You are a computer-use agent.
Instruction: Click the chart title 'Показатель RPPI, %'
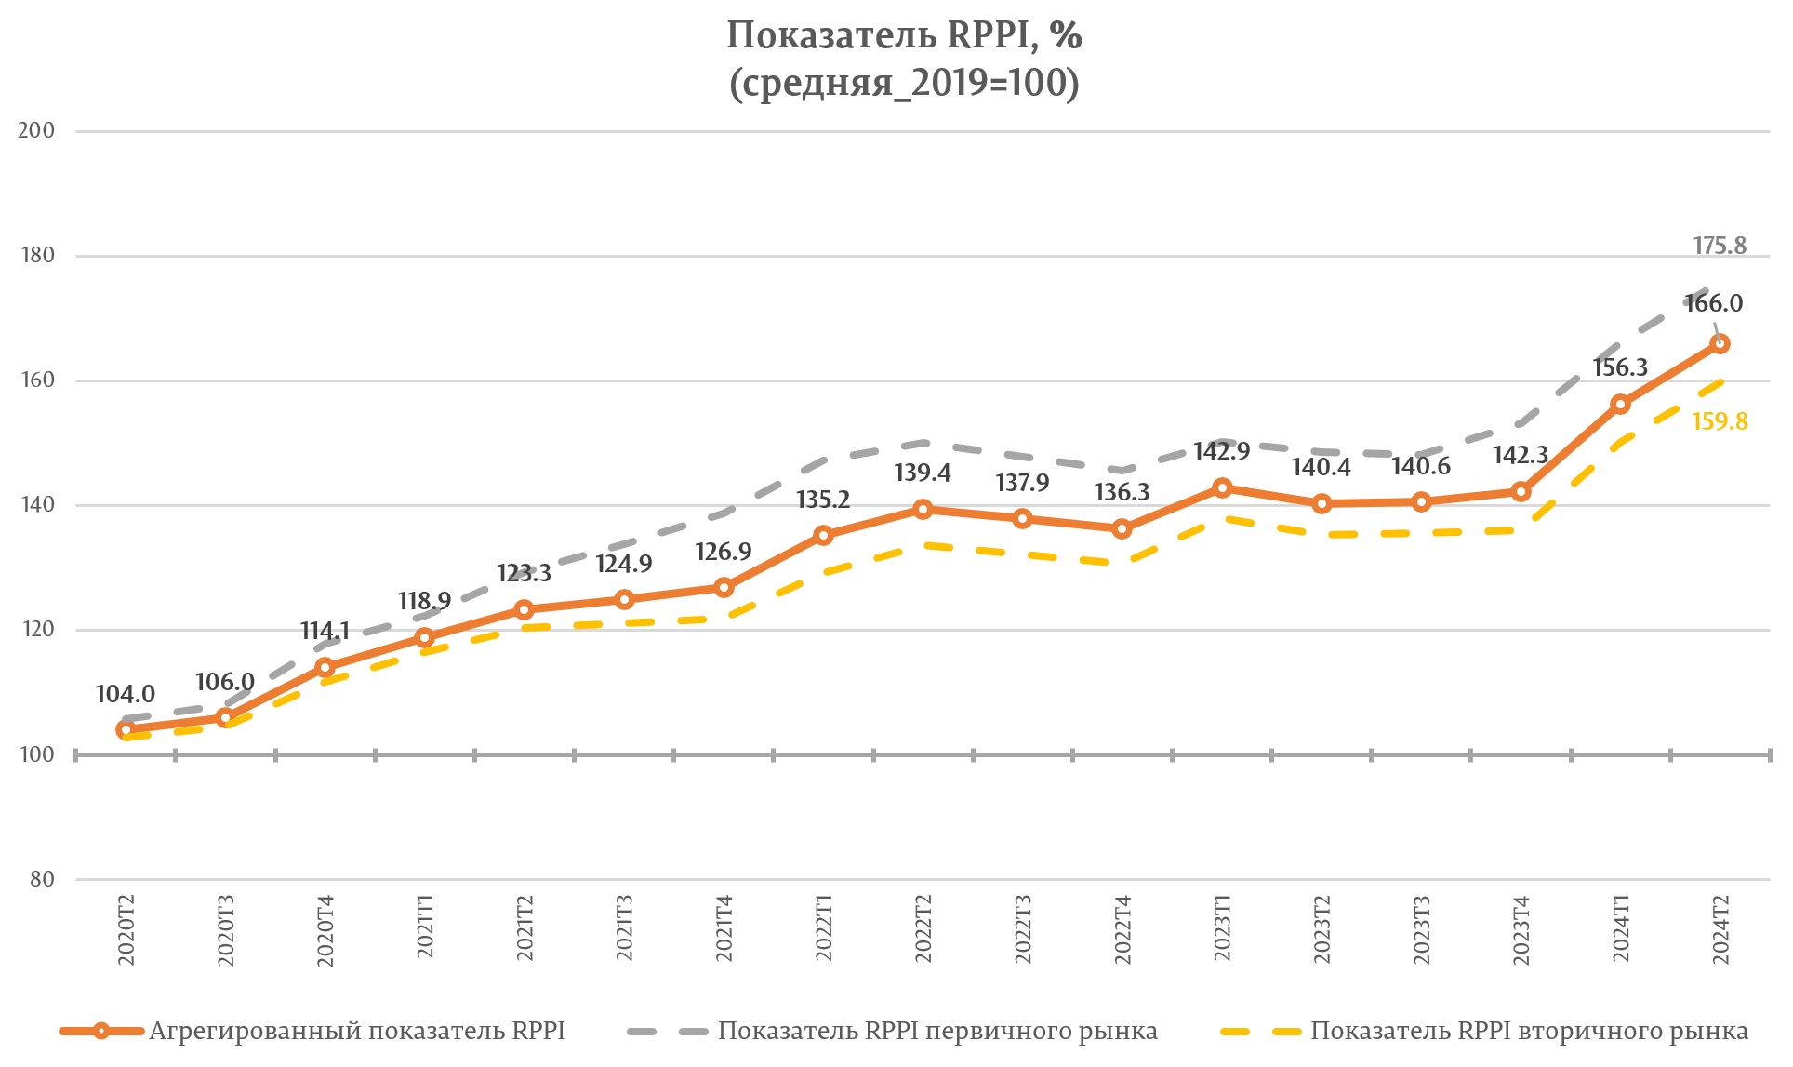point(904,35)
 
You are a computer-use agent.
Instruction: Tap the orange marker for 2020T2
point(126,730)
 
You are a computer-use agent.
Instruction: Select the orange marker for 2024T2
point(1720,344)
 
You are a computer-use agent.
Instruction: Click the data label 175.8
point(1719,246)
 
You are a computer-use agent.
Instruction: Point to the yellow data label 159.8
point(1719,421)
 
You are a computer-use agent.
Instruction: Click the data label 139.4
point(922,473)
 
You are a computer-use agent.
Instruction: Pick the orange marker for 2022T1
point(823,535)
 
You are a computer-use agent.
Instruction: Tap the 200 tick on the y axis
point(36,130)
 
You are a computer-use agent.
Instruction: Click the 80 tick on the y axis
point(42,879)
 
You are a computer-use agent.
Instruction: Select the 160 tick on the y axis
point(36,380)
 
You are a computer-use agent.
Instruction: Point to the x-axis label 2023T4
point(1521,930)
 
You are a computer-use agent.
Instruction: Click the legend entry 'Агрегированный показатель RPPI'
point(356,1031)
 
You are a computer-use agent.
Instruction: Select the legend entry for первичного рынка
point(936,1031)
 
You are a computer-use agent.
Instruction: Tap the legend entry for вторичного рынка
point(1528,1031)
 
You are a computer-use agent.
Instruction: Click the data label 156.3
point(1619,367)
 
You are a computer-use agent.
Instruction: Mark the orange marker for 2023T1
point(1222,488)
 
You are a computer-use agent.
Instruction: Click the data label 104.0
point(125,694)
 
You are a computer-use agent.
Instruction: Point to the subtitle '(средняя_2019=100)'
point(904,84)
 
